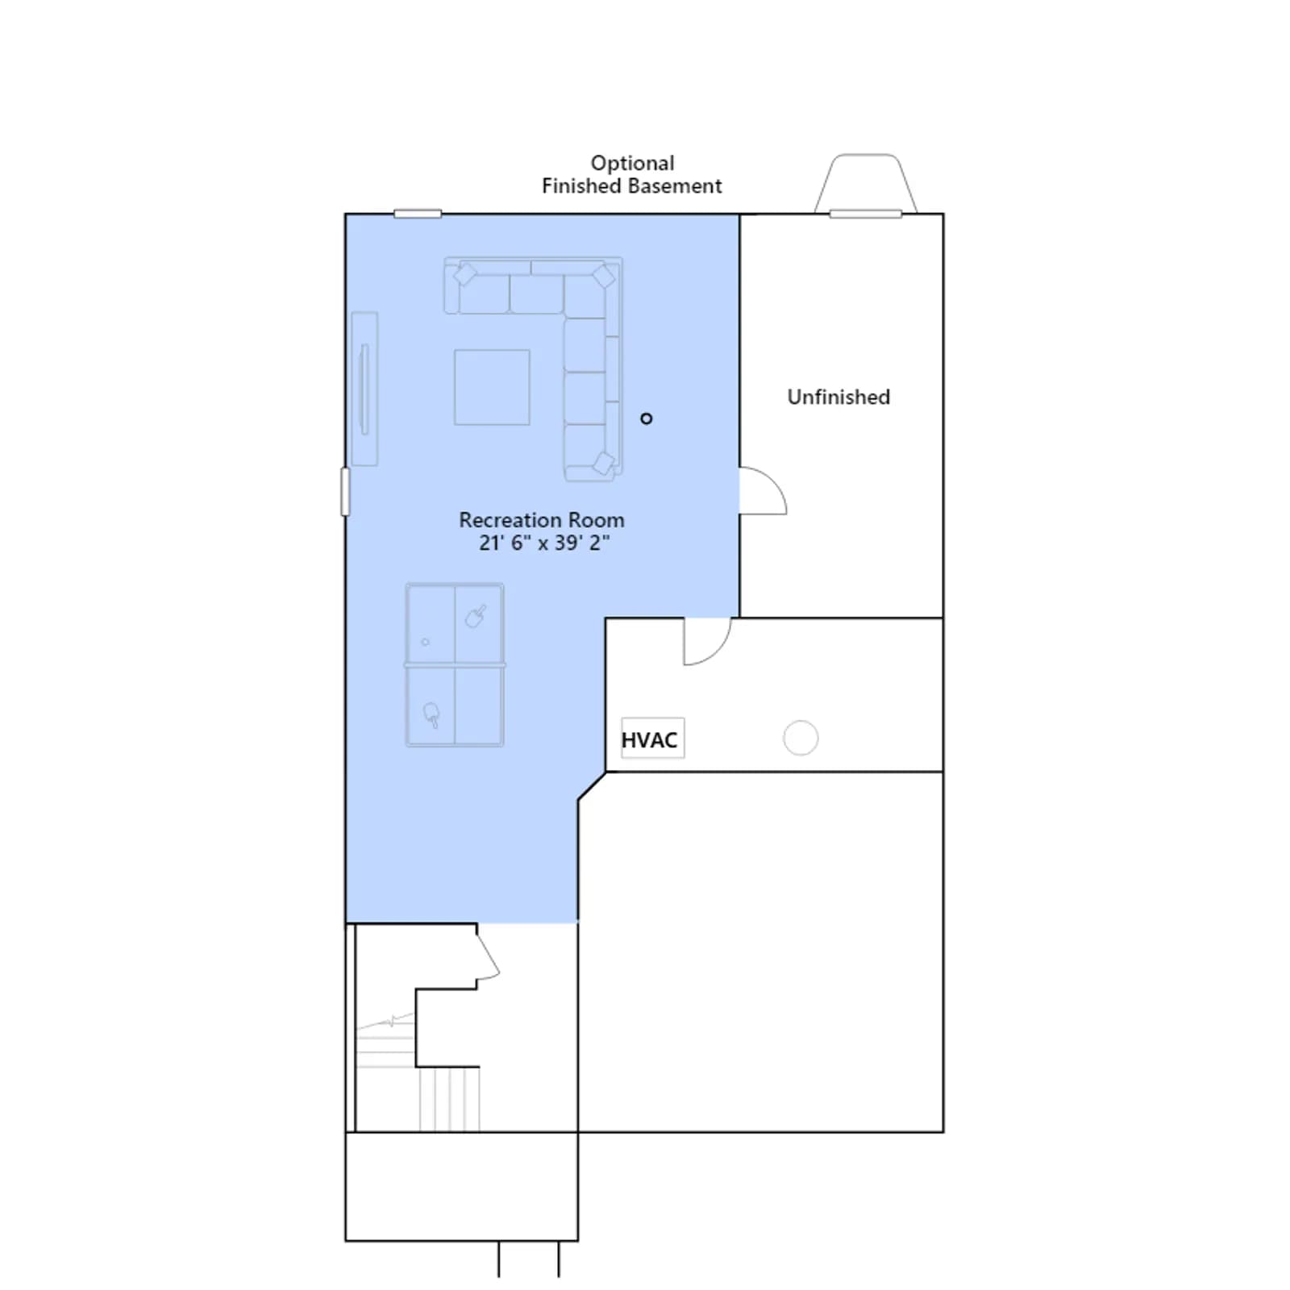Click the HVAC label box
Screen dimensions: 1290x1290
tap(652, 738)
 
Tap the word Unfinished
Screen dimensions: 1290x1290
tap(838, 397)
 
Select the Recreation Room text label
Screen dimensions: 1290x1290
tap(542, 520)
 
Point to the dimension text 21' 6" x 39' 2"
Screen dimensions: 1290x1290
tap(544, 543)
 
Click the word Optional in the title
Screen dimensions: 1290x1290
tap(632, 164)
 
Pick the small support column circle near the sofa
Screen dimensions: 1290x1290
tap(646, 418)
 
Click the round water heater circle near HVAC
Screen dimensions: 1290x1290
tap(801, 738)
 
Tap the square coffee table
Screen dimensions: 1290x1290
tap(492, 387)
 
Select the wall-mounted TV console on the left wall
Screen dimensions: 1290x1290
tap(364, 389)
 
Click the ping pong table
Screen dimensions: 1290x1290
tap(455, 665)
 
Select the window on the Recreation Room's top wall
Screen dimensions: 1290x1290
tap(418, 214)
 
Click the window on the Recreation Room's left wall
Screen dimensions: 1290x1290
tap(346, 492)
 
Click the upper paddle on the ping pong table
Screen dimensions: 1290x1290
tap(476, 616)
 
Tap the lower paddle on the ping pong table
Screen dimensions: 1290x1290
tap(432, 714)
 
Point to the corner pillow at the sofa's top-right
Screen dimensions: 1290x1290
tap(604, 277)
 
